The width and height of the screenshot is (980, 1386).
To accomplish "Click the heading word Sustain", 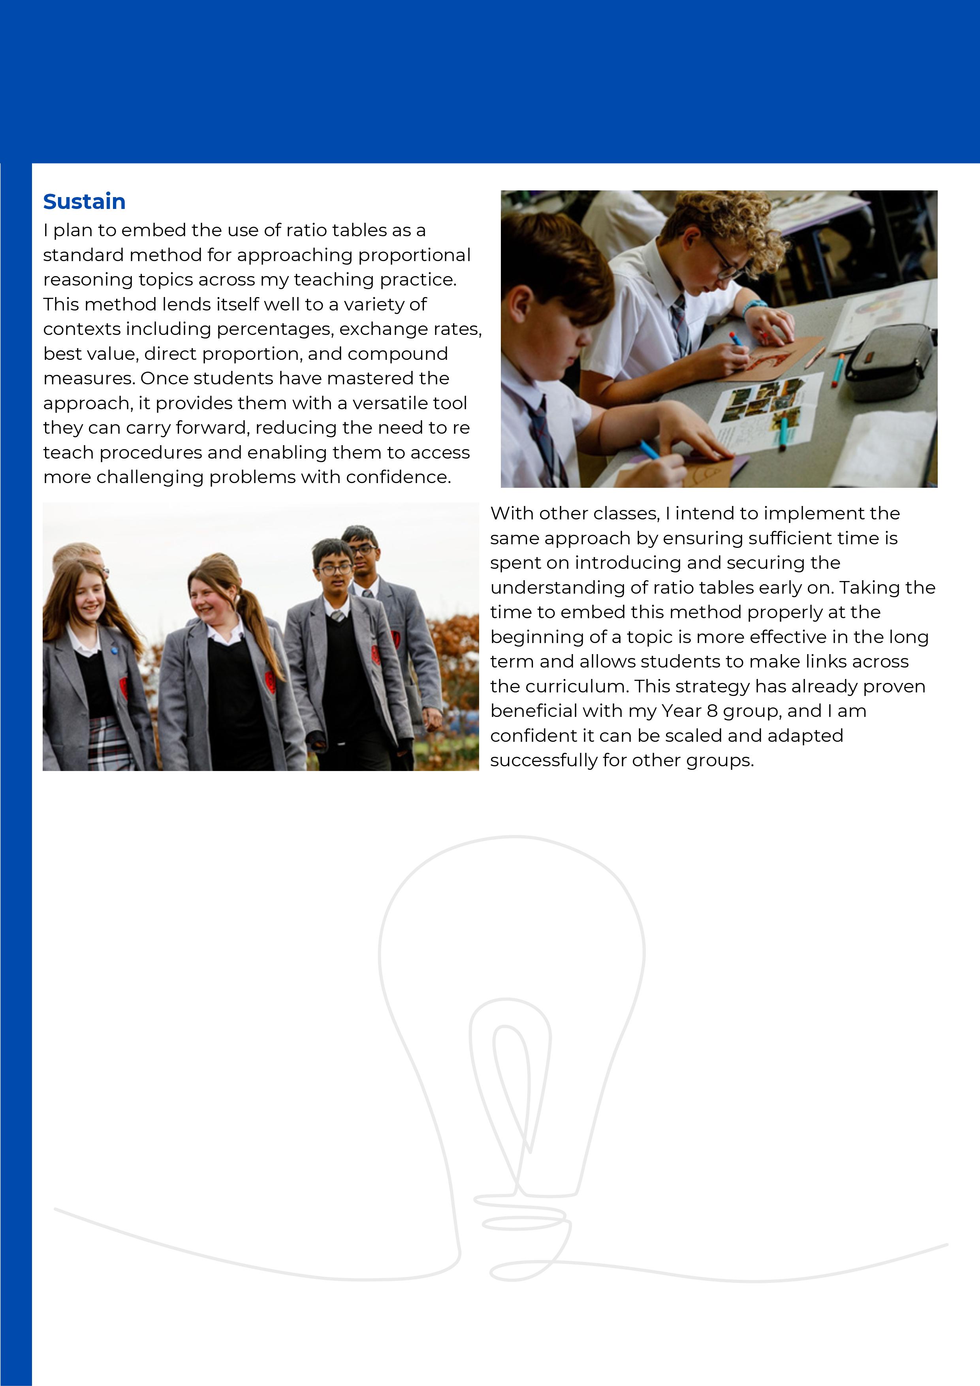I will coord(84,201).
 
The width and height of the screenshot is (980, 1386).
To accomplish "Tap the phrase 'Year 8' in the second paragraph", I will coord(689,711).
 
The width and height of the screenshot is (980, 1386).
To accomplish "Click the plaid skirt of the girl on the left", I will coord(109,743).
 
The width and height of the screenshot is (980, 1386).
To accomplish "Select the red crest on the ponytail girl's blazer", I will coord(270,681).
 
